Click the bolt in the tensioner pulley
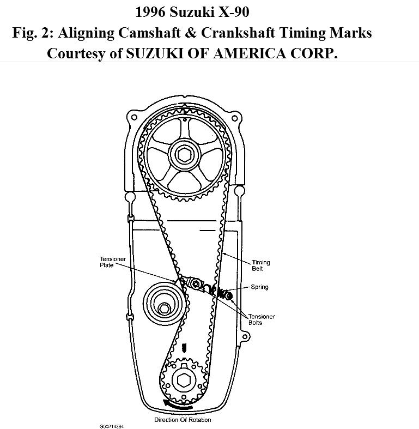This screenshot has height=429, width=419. pyautogui.click(x=163, y=309)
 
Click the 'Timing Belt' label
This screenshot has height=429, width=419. pyautogui.click(x=260, y=265)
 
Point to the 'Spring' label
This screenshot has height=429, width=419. pyautogui.click(x=259, y=287)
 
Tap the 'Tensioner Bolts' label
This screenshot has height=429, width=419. pyautogui.click(x=262, y=319)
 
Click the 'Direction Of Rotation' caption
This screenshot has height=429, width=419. pyautogui.click(x=183, y=420)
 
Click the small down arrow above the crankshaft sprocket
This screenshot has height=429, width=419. pyautogui.click(x=183, y=348)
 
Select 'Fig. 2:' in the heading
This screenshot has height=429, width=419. pyautogui.click(x=33, y=33)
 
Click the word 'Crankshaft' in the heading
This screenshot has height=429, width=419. pyautogui.click(x=251, y=33)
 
